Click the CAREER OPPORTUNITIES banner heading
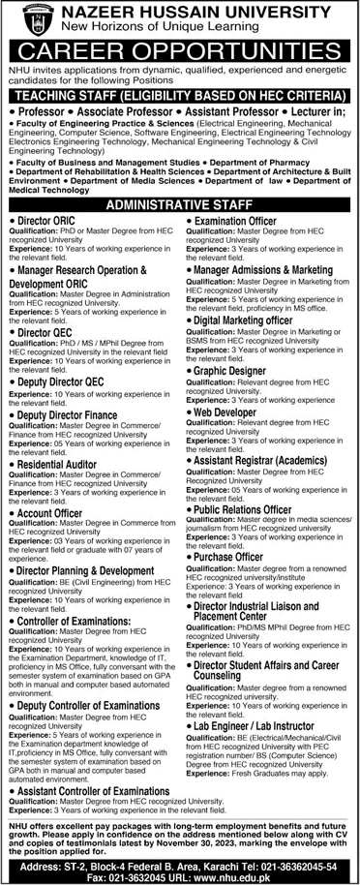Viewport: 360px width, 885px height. (180, 46)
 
